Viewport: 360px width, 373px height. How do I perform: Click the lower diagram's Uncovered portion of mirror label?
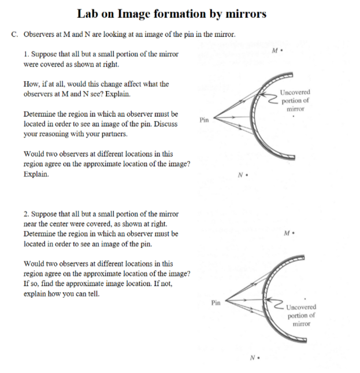(301, 316)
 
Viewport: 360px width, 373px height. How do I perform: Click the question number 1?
(26, 54)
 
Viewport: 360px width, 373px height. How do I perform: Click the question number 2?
(26, 214)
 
